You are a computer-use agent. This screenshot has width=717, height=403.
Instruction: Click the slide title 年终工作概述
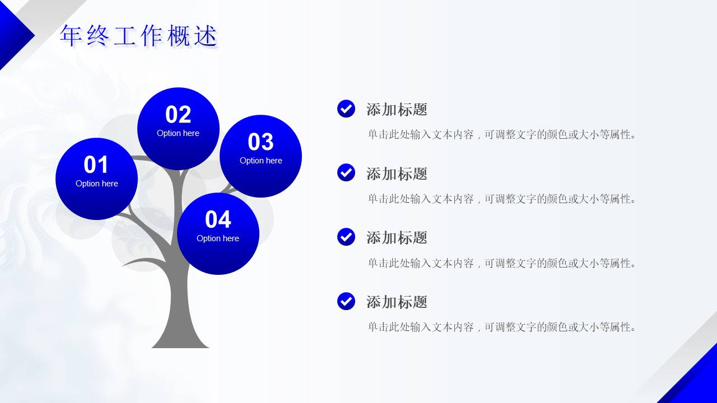tap(138, 36)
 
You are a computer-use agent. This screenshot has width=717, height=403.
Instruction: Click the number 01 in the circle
tap(96, 165)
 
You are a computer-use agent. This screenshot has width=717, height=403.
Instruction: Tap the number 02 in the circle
tap(178, 115)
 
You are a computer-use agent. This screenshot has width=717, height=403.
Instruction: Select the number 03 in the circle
tap(260, 142)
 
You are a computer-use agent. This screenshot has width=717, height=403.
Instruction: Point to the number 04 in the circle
tap(218, 220)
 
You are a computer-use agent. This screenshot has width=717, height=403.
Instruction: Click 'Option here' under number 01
tap(96, 184)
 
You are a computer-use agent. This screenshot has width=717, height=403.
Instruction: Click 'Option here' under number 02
tap(178, 133)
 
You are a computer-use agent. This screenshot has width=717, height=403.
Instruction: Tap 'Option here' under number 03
tap(260, 161)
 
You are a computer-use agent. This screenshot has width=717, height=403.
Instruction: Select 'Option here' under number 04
tap(218, 238)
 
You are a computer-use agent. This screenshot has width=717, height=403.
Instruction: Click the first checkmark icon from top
tap(346, 109)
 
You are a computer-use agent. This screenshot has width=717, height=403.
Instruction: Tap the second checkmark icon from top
tap(346, 172)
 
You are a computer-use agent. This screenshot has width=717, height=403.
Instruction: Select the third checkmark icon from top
tap(346, 237)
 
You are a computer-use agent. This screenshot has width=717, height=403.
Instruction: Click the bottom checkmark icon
tap(346, 301)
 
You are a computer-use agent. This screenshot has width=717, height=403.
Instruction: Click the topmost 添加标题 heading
tap(397, 110)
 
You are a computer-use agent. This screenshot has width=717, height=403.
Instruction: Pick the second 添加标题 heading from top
tap(397, 174)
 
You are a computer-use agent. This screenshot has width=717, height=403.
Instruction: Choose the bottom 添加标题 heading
tap(397, 302)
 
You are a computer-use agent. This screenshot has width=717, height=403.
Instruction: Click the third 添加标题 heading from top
tap(397, 238)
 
